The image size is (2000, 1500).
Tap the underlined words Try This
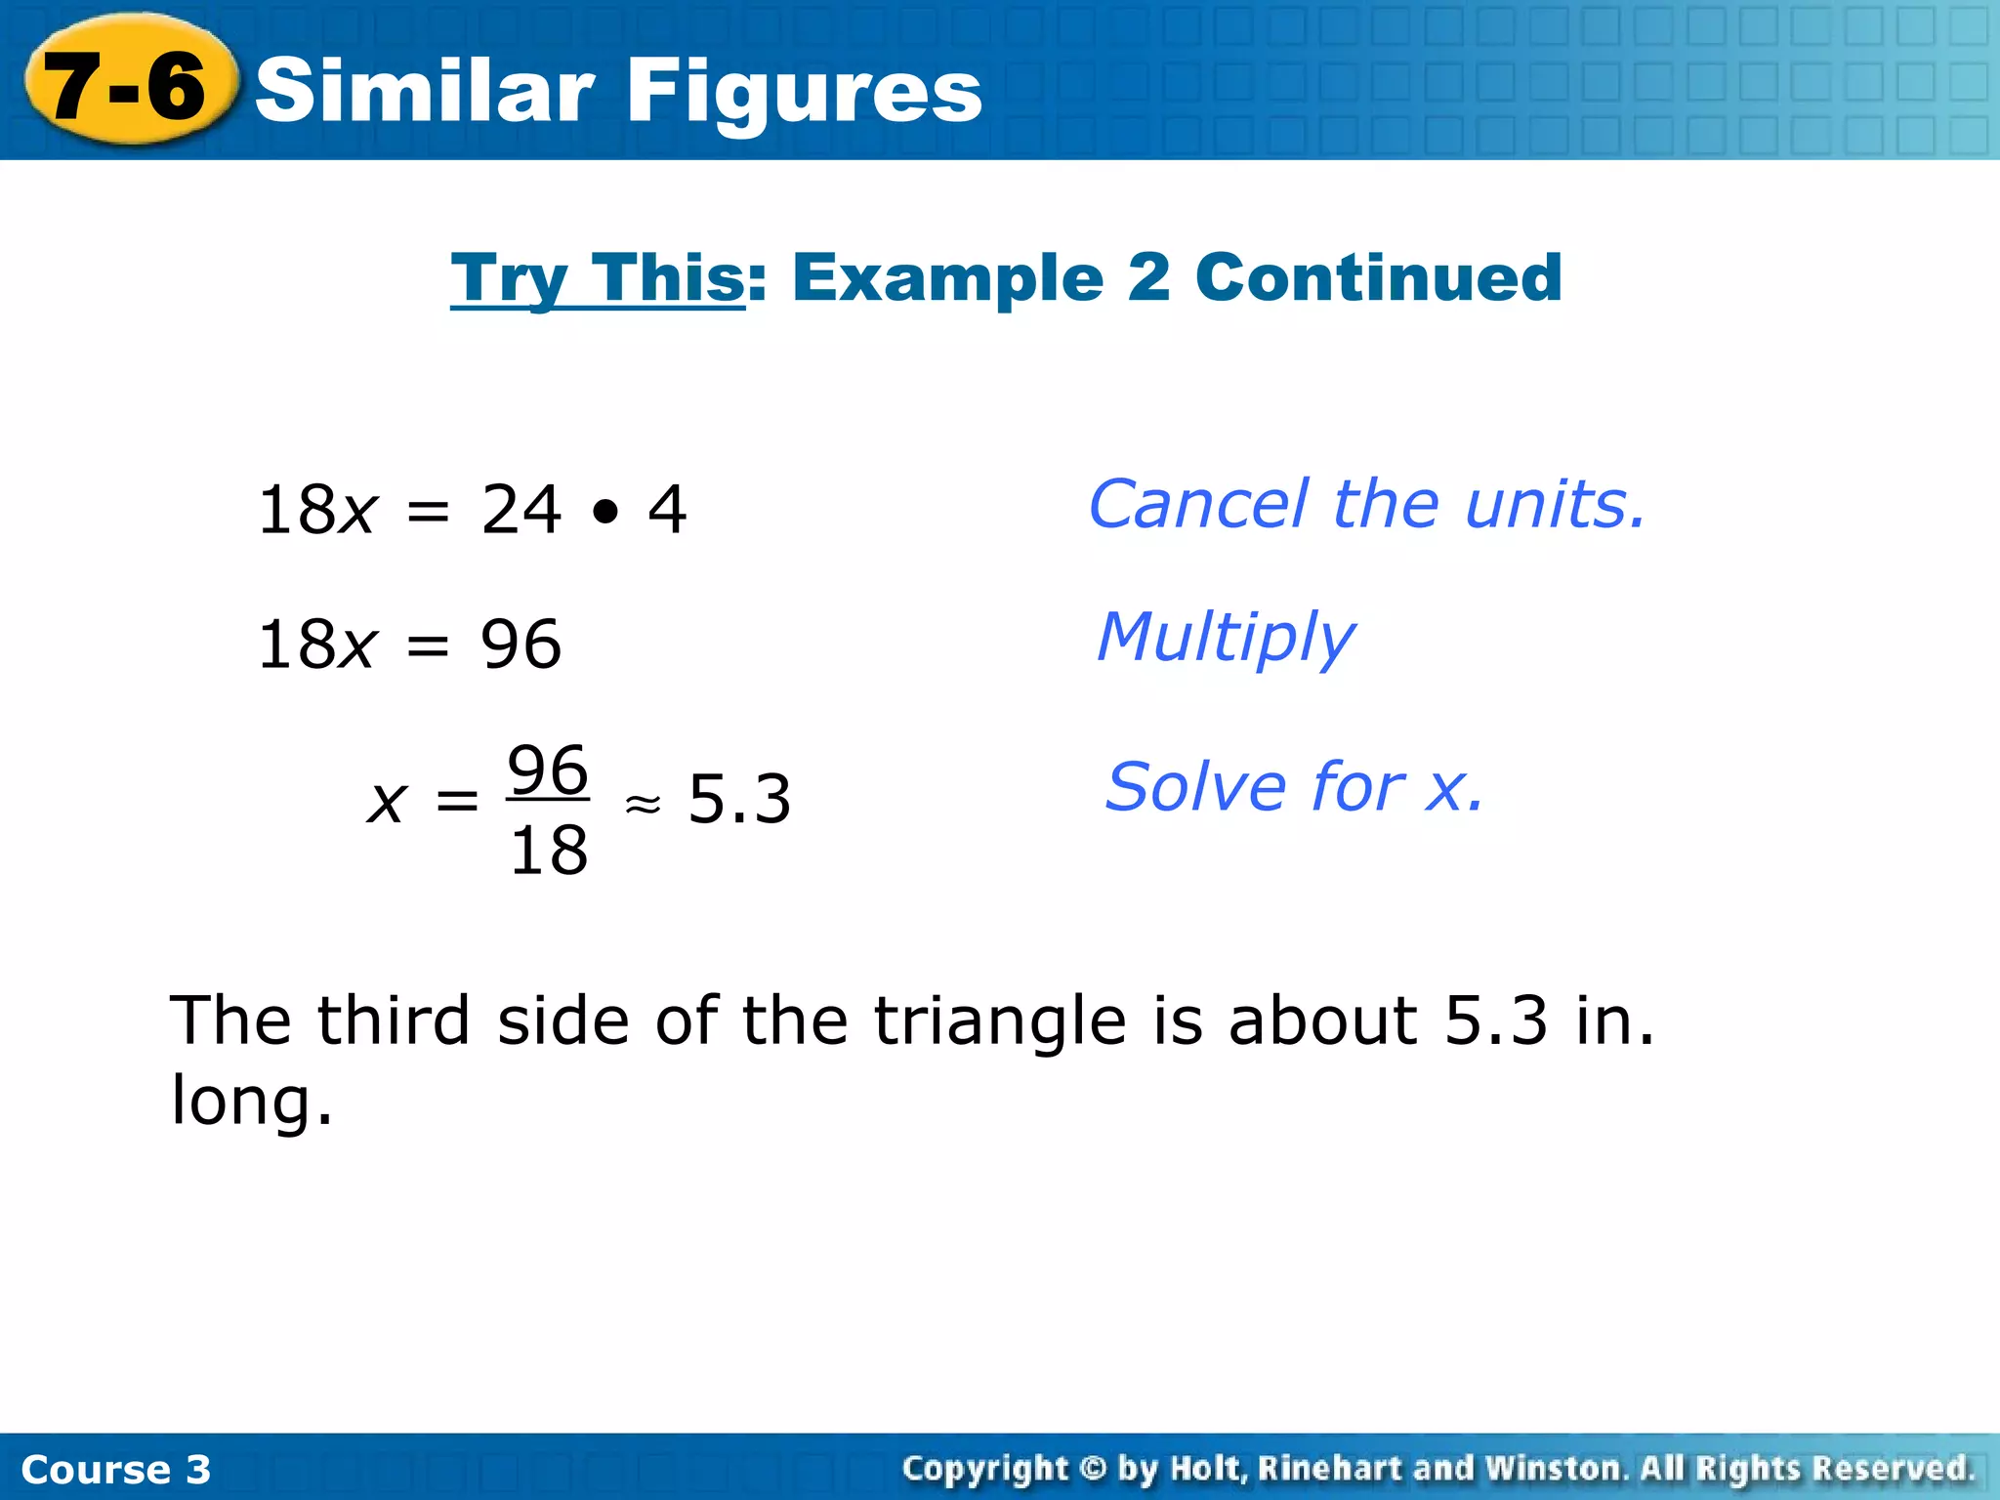pos(598,278)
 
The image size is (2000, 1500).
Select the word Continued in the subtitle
pos(1378,278)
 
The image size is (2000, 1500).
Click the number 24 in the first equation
pos(521,510)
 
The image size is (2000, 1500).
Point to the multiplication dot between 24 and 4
pos(605,511)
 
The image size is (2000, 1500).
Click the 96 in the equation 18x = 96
pos(521,645)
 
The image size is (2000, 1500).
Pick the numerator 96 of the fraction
pos(548,771)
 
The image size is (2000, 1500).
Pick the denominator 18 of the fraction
pos(548,851)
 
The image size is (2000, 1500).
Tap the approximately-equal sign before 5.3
pos(643,804)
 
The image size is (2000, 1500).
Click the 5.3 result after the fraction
pos(739,800)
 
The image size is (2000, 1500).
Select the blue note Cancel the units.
pos(1367,505)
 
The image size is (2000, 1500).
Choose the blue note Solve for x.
pos(1294,787)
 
